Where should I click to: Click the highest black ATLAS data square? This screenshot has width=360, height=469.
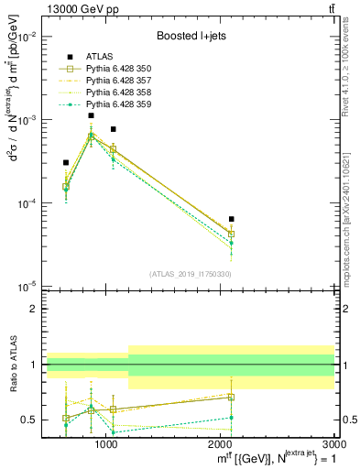tap(91, 115)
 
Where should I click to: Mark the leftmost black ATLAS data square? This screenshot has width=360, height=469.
tap(66, 162)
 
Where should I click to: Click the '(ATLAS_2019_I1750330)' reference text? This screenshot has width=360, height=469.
tap(191, 273)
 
